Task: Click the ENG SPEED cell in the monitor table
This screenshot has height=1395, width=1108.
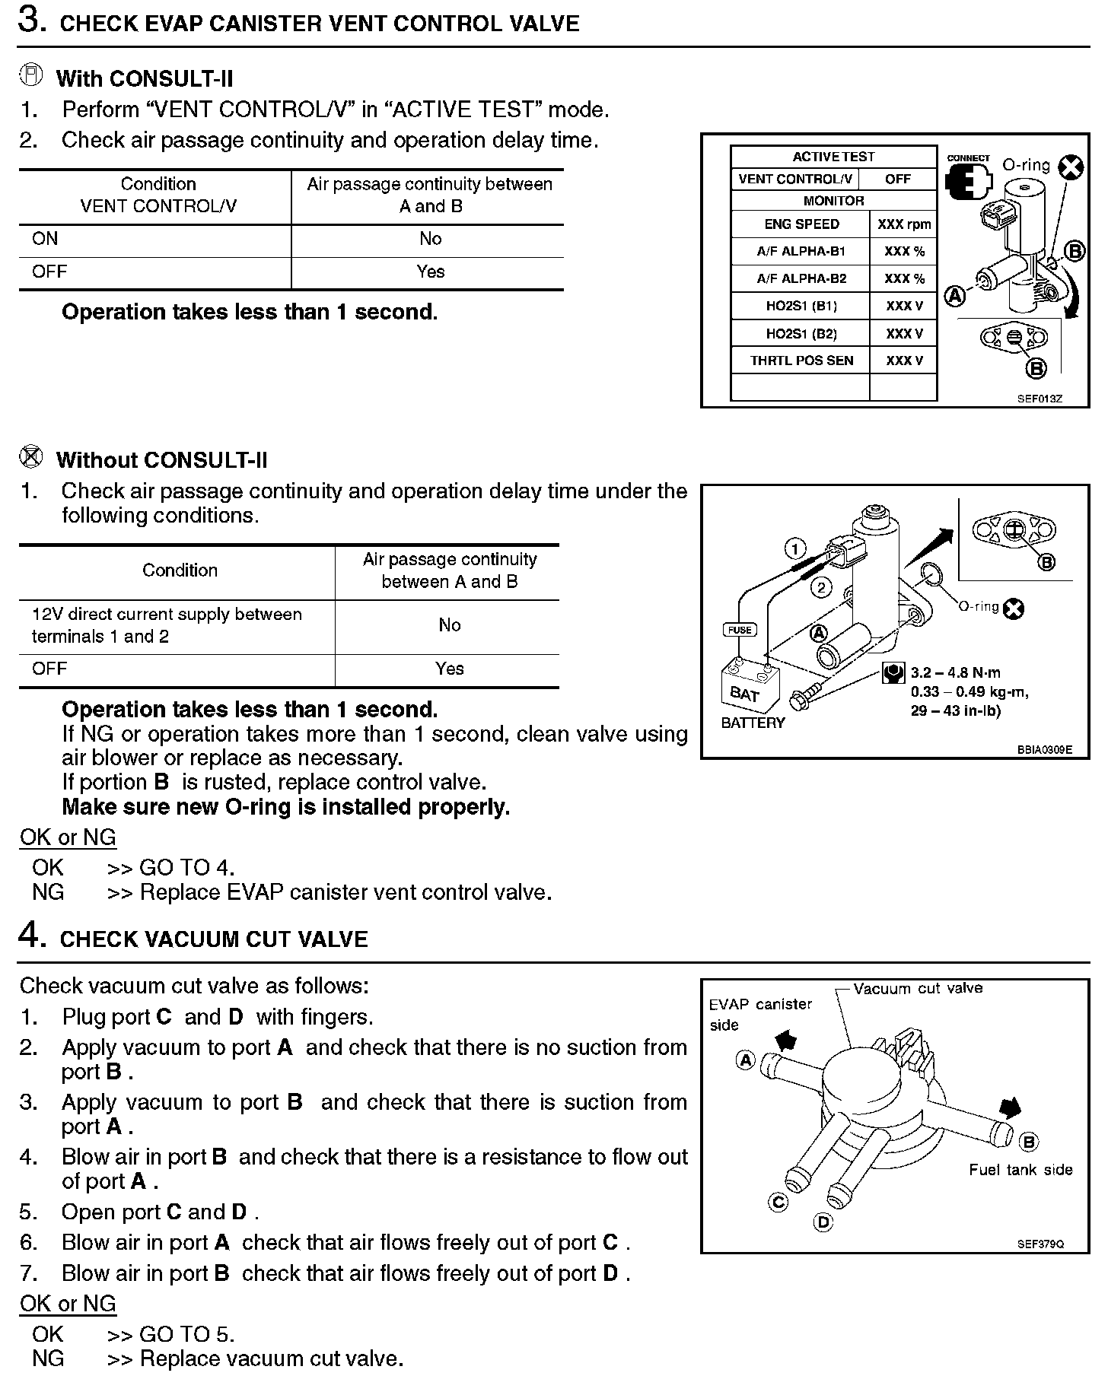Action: (x=801, y=224)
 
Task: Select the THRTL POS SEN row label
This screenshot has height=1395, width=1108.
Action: (x=801, y=361)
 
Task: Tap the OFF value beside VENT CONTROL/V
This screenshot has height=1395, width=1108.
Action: (x=898, y=179)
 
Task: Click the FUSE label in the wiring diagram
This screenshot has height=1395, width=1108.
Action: (x=740, y=630)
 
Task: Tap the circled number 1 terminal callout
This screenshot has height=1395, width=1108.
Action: (x=795, y=548)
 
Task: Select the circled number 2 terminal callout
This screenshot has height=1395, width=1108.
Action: (x=820, y=586)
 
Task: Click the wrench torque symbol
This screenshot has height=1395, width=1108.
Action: (x=893, y=672)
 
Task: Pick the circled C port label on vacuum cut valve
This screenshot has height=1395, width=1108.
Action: (x=778, y=1201)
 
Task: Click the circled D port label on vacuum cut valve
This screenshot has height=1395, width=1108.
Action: (x=823, y=1222)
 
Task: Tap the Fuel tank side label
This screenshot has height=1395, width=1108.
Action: (x=1020, y=1170)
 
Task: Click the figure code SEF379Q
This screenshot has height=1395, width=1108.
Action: (x=1040, y=1244)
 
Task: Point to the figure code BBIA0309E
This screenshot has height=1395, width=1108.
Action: (x=1044, y=749)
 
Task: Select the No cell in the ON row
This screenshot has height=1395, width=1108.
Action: (x=430, y=239)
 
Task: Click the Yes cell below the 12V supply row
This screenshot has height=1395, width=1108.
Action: (x=449, y=669)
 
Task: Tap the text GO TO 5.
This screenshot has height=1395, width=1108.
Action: (x=186, y=1334)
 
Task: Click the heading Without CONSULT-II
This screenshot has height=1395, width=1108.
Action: (x=161, y=460)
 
